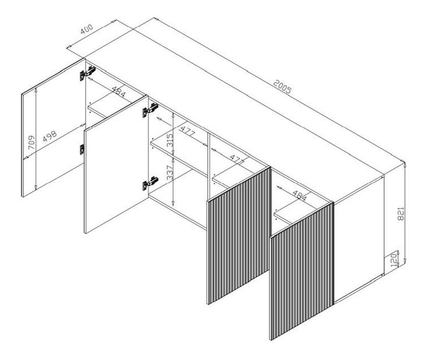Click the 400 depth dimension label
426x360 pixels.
point(87,29)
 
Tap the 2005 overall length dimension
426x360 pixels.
point(282,86)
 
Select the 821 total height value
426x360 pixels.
point(401,213)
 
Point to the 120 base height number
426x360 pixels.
point(393,260)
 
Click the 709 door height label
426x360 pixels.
point(31,142)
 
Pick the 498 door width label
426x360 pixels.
point(50,136)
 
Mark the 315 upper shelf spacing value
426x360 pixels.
point(170,140)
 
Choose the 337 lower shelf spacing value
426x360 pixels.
point(170,173)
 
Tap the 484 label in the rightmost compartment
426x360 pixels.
point(300,195)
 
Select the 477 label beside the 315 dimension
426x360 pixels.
point(188,131)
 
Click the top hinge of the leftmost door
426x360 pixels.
point(87,73)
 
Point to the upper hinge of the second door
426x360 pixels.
point(150,110)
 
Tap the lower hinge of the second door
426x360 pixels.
point(150,183)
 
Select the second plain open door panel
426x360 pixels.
point(116,164)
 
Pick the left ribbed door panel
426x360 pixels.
point(239,235)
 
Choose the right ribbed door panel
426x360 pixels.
point(302,271)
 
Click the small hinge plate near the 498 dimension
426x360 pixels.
point(82,149)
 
